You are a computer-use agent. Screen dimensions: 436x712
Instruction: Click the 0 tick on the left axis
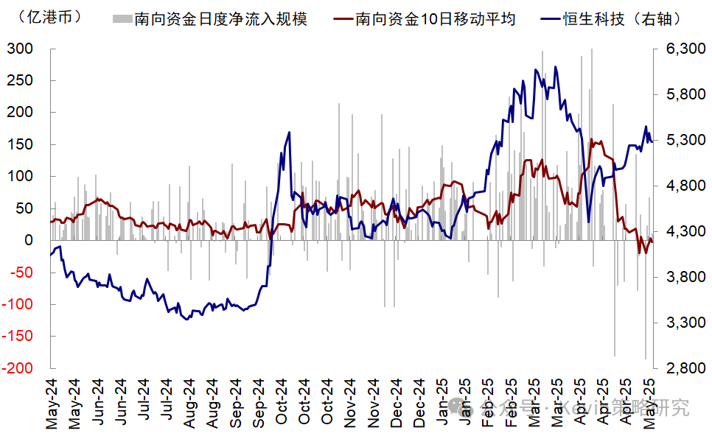(29, 240)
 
